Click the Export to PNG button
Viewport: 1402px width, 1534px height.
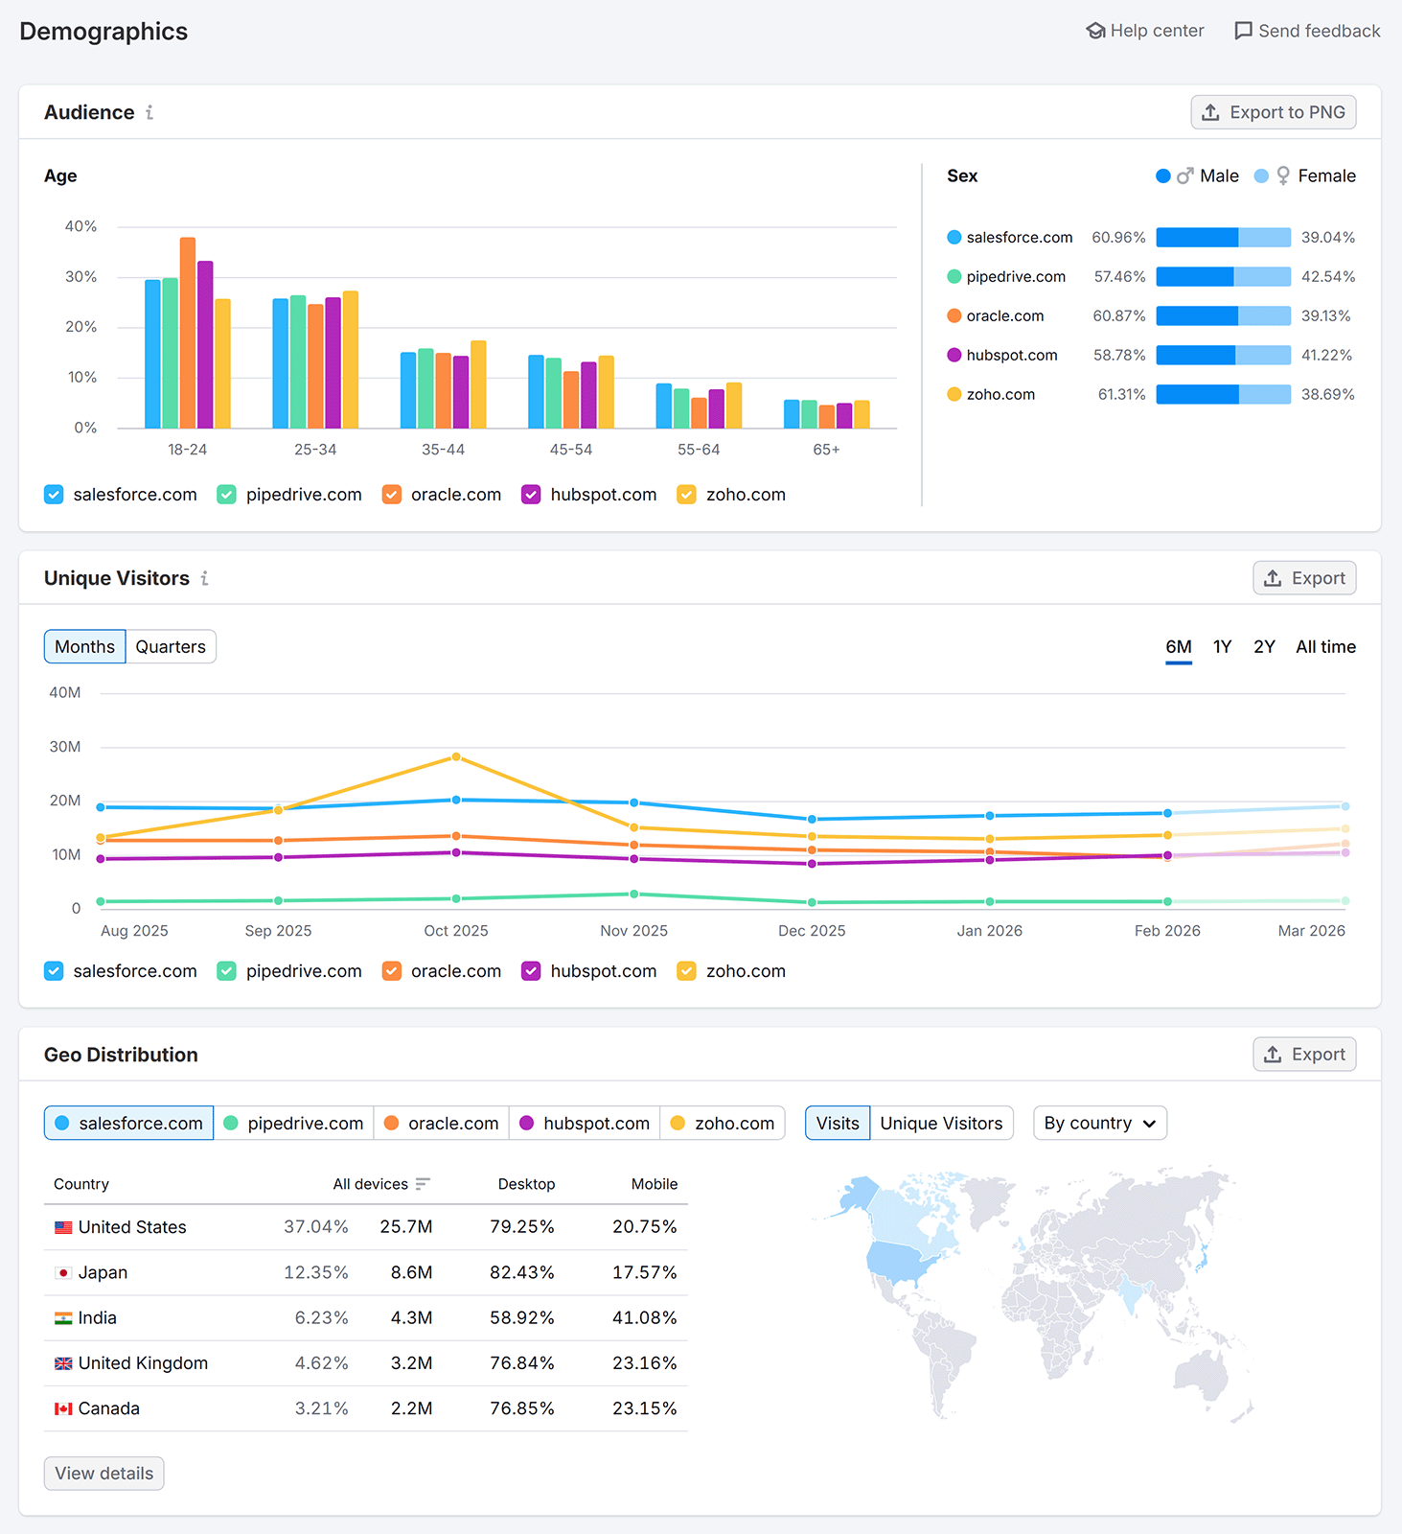[1273, 112]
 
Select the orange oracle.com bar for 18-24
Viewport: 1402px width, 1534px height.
[188, 333]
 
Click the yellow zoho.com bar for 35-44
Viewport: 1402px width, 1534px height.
[478, 384]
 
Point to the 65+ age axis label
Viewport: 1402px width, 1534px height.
[826, 450]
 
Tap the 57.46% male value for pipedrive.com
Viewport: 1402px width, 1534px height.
[1119, 277]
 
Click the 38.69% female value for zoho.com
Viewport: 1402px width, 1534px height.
[1327, 395]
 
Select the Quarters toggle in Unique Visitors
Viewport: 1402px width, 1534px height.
[171, 647]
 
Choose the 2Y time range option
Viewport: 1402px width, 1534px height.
[1264, 647]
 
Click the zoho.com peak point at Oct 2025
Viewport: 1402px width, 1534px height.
[456, 757]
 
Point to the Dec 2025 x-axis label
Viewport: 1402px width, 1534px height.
[812, 931]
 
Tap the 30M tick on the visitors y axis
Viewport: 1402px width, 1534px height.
[65, 747]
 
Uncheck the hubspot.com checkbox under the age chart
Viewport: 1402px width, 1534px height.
[531, 495]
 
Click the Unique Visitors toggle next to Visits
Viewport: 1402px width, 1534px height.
[941, 1124]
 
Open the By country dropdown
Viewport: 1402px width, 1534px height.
[1099, 1124]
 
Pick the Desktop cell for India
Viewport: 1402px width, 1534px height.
[521, 1318]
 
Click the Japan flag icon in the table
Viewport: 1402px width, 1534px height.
[63, 1273]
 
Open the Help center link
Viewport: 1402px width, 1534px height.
[1145, 31]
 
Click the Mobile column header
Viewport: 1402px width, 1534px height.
[654, 1185]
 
